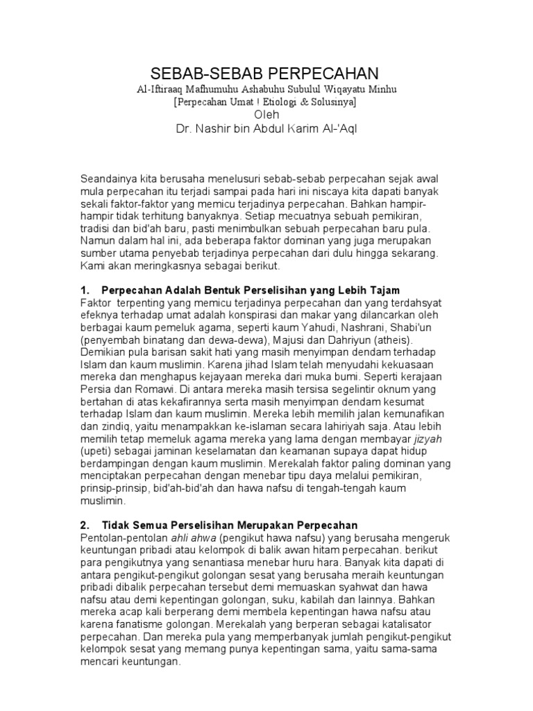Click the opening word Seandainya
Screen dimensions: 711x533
110,178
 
